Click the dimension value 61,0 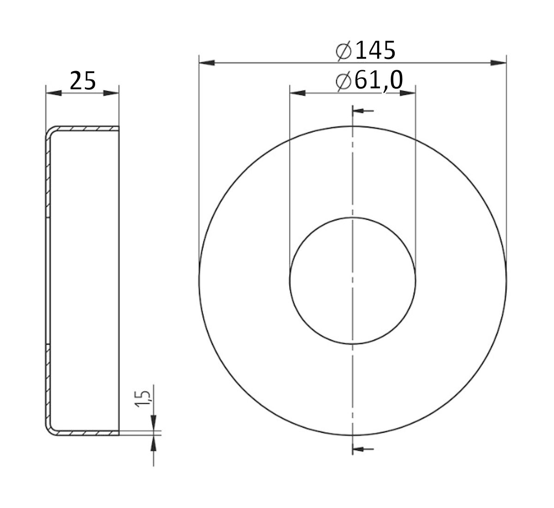click(378, 81)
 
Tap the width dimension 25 click(83, 81)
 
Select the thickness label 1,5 click(144, 398)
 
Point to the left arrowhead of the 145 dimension click(206, 62)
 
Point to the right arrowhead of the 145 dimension click(499, 62)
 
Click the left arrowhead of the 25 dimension click(54, 93)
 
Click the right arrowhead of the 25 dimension click(111, 93)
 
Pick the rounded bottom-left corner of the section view click(49, 429)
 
